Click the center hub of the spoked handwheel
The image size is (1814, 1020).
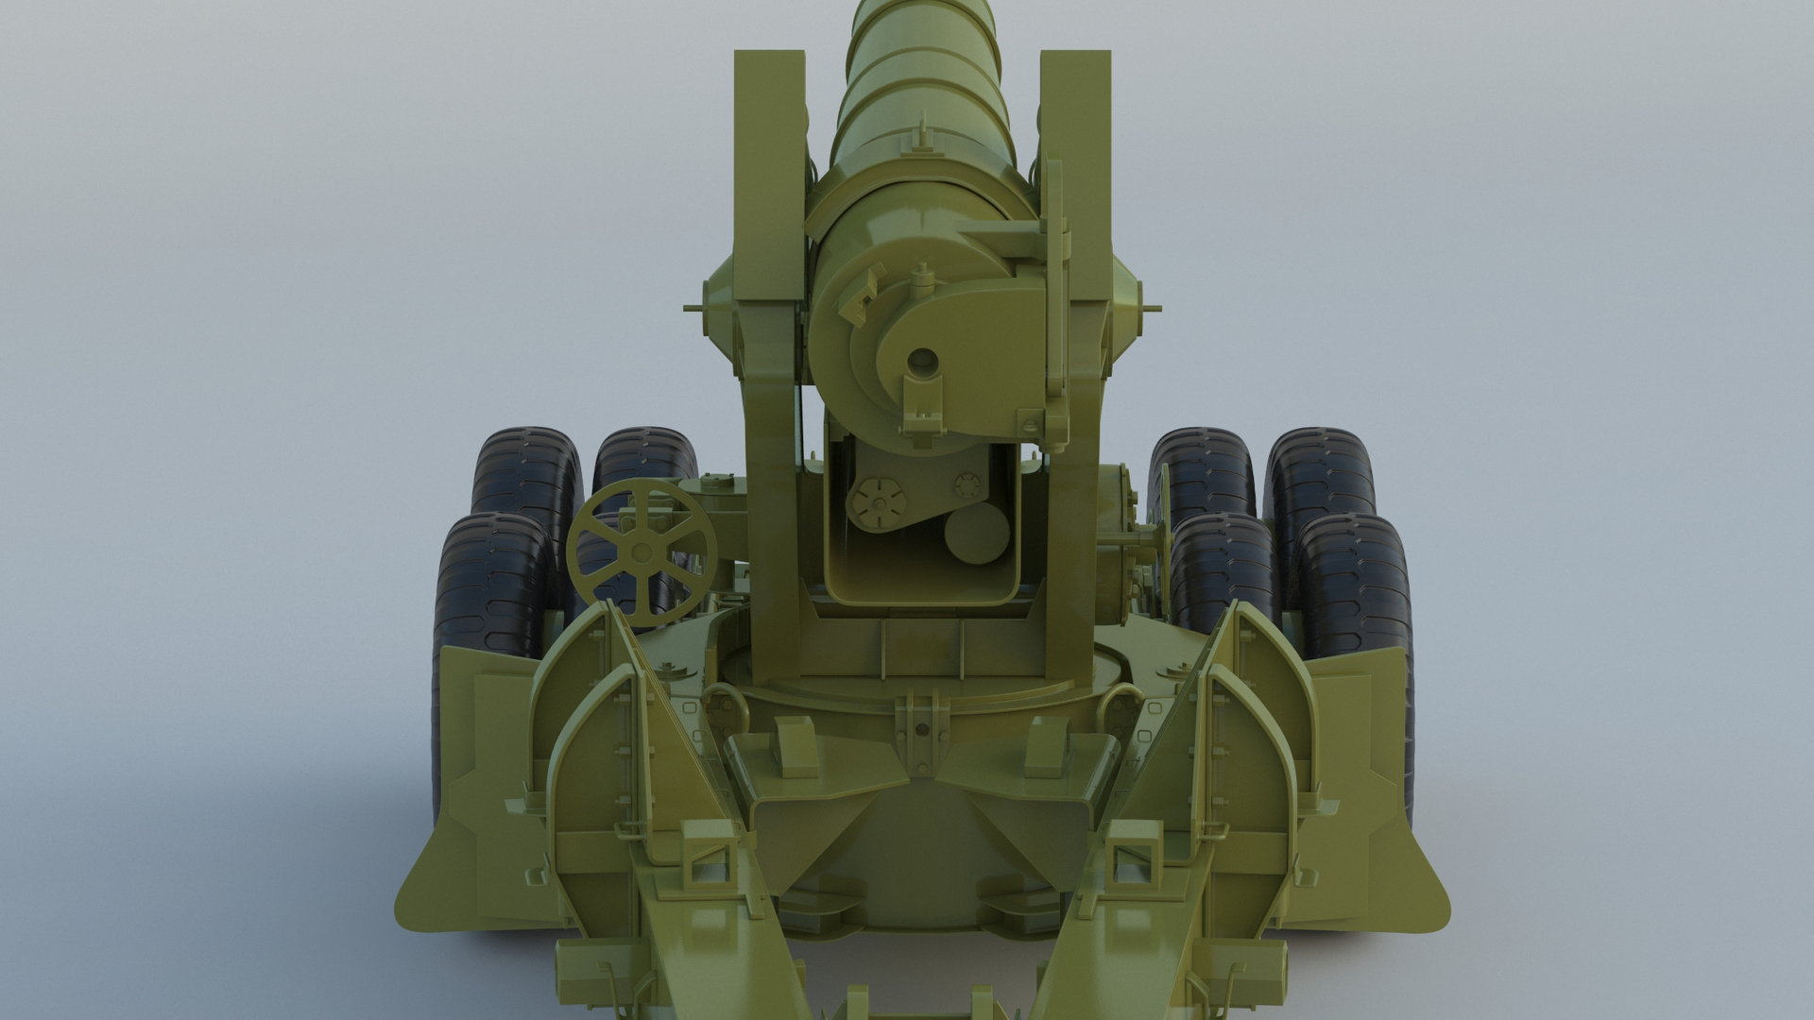[640, 552]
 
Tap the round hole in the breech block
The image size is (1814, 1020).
[922, 360]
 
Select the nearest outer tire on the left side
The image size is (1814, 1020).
[491, 586]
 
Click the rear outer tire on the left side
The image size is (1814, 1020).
[527, 482]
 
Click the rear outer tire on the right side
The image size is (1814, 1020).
[1320, 482]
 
